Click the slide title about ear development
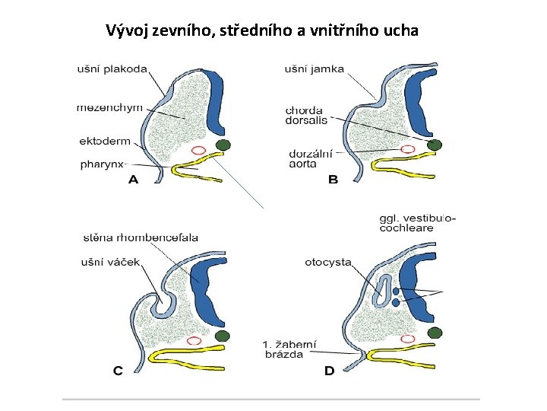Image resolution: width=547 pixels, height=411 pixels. (261, 31)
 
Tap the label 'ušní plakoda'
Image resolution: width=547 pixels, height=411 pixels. (112, 69)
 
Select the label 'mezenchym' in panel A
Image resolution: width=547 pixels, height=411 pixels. (109, 107)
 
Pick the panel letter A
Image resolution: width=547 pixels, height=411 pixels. (134, 180)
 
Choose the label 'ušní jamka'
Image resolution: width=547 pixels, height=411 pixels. (314, 69)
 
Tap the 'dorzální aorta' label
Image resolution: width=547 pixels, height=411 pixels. (309, 158)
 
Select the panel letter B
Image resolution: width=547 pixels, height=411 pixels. (332, 180)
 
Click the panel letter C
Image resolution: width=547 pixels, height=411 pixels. (119, 371)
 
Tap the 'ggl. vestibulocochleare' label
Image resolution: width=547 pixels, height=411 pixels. (417, 222)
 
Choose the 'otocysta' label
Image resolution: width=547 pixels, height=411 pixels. (327, 263)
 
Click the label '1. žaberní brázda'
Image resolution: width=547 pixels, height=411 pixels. (289, 349)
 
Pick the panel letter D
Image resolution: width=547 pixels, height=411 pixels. (329, 371)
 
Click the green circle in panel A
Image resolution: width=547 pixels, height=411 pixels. (223, 145)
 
